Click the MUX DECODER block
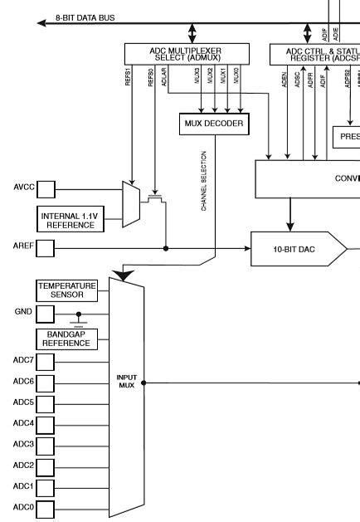215,124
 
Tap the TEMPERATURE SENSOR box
67,290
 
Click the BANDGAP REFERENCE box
67,339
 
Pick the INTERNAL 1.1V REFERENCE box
70,220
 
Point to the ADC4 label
22,424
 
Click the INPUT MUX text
127,382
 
